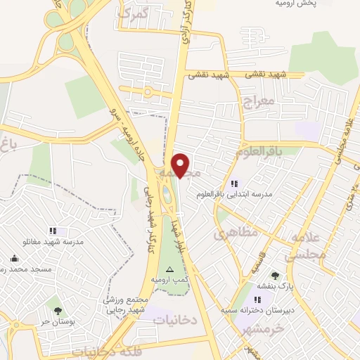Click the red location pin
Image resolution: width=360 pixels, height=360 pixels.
tap(181, 165)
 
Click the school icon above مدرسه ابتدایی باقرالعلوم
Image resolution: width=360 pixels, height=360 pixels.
tap(234, 183)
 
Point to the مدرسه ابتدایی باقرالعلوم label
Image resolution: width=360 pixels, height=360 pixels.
tap(266, 194)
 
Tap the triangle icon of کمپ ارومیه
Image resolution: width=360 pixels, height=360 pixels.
tap(169, 269)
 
